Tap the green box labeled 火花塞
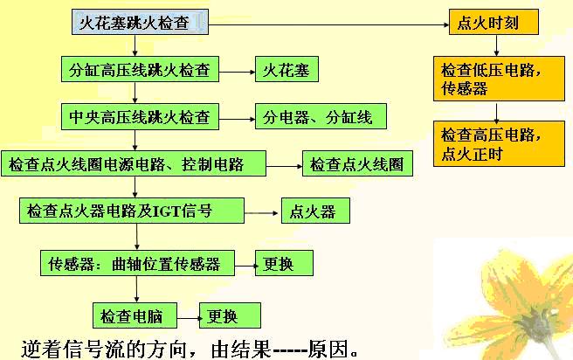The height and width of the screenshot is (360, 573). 286,69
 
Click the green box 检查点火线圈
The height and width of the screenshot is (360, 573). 356,163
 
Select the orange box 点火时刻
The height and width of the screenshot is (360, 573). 494,22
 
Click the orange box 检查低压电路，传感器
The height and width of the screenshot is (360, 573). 495,79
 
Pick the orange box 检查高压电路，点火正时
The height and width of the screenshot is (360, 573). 495,143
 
